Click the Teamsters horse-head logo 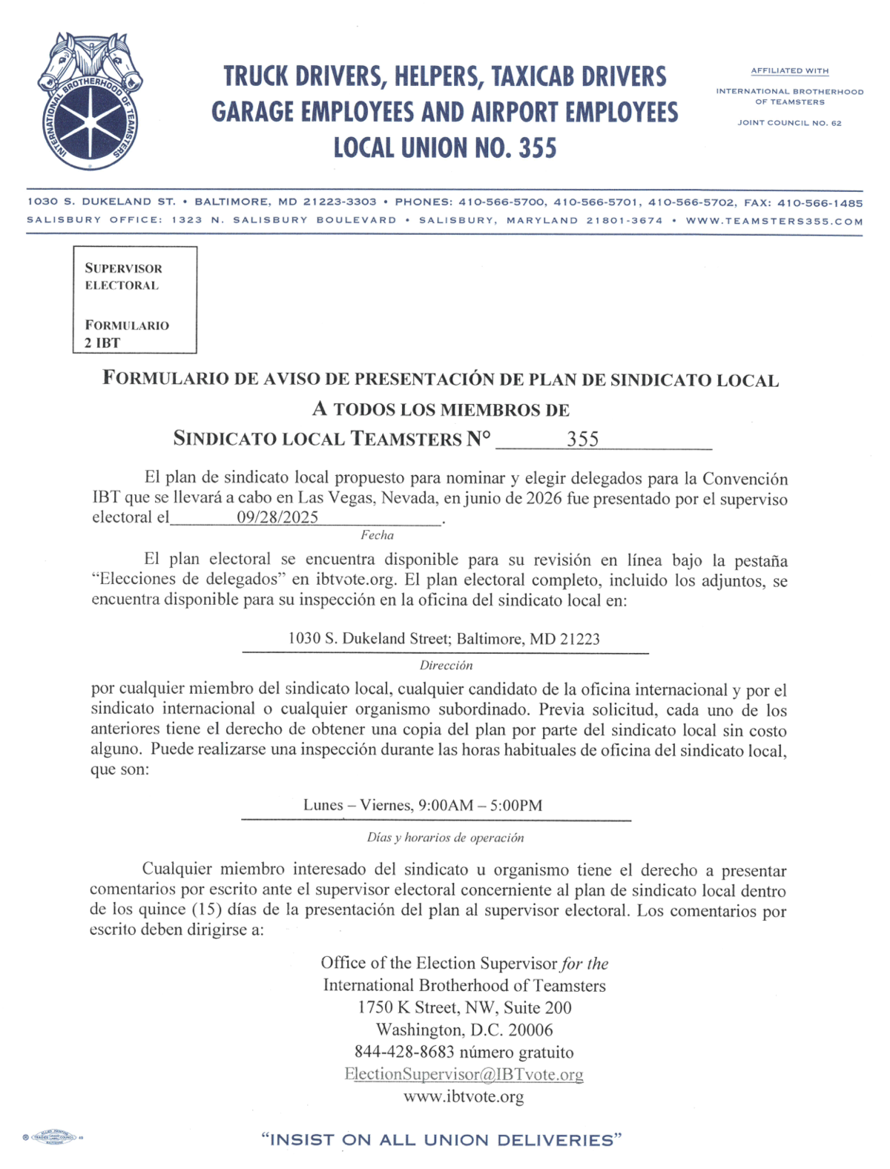tap(90, 101)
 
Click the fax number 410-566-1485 tap(820, 202)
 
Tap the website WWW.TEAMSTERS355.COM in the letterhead tap(774, 221)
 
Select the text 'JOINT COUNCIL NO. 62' tap(789, 123)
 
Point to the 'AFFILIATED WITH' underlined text tap(789, 71)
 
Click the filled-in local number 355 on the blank tap(582, 439)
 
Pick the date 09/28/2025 tap(277, 517)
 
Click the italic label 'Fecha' tap(377, 535)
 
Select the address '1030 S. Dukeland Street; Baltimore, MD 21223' tap(444, 639)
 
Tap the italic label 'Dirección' tap(446, 666)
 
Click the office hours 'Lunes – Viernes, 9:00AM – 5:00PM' tap(423, 805)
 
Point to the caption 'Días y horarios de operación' tap(445, 838)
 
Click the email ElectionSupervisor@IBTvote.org tap(464, 1074)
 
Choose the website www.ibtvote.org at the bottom tap(464, 1096)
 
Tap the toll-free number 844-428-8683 tap(404, 1052)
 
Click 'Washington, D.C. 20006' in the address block tap(464, 1030)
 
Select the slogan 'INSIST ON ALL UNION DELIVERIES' tap(441, 1140)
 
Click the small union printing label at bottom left tap(53, 1137)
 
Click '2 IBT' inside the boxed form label tap(102, 342)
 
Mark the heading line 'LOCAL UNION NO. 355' tap(444, 148)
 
